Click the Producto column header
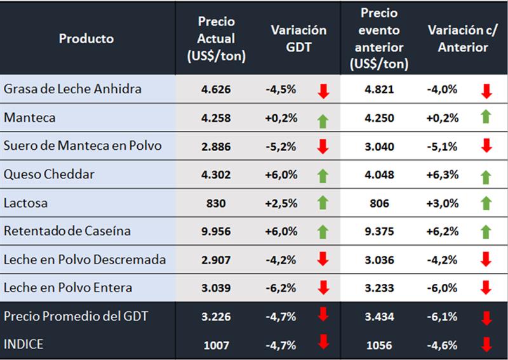pos(86,38)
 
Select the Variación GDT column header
pos(298,38)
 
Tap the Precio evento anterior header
pos(379,38)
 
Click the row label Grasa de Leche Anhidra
pos(72,89)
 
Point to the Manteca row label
pos(30,117)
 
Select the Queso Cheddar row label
pos(50,174)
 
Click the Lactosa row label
pos(26,203)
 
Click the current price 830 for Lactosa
pos(215,203)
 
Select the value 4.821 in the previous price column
pos(378,90)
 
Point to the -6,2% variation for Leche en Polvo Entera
pos(281,288)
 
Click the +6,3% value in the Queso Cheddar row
pos(442,175)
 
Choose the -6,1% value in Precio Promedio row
pos(442,316)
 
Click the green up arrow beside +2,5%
pos(323,203)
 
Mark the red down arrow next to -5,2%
pos(323,147)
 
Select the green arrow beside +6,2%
pos(486,231)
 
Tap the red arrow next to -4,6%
pos(486,344)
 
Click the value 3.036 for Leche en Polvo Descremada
pos(378,260)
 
